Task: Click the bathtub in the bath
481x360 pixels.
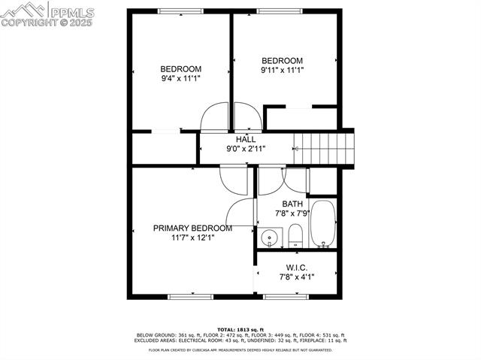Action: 323,223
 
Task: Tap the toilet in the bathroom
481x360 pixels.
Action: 295,235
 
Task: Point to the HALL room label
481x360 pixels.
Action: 246,140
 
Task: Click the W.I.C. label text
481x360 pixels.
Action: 296,268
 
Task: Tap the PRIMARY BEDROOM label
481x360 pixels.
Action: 192,228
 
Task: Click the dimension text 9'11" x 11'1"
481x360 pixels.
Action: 282,71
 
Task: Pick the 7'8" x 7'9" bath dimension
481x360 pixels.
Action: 292,213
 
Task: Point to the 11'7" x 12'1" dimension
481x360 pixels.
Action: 192,238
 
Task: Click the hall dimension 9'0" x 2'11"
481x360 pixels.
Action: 246,150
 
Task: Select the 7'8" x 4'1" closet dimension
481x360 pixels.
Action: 296,277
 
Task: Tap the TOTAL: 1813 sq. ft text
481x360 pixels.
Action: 240,330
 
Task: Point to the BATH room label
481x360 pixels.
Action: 292,204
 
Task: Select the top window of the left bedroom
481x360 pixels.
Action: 180,11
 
